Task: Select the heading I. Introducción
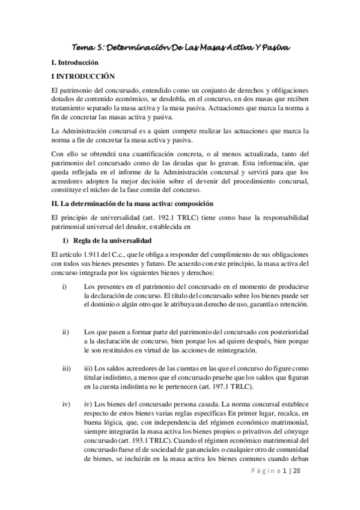(x=76, y=63)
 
